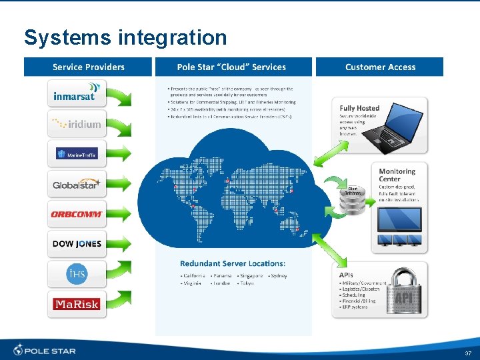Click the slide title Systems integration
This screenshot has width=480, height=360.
point(125,37)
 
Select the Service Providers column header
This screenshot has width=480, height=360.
point(89,67)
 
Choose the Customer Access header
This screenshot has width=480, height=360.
point(380,67)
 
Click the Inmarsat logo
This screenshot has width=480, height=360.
point(77,93)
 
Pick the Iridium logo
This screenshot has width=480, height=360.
point(77,123)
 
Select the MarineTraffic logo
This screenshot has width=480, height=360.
point(77,154)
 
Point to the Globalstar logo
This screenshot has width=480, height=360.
point(77,184)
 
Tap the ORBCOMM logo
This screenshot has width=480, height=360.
point(77,214)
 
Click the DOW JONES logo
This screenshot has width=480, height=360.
point(77,244)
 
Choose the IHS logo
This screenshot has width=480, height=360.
point(77,273)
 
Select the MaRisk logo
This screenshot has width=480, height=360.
point(77,304)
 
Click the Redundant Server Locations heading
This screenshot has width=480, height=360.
point(233,263)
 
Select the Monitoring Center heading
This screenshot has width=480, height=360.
point(397,175)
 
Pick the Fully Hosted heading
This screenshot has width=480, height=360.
point(359,108)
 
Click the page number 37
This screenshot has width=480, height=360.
point(467,353)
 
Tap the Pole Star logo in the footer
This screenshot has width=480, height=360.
point(45,350)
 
